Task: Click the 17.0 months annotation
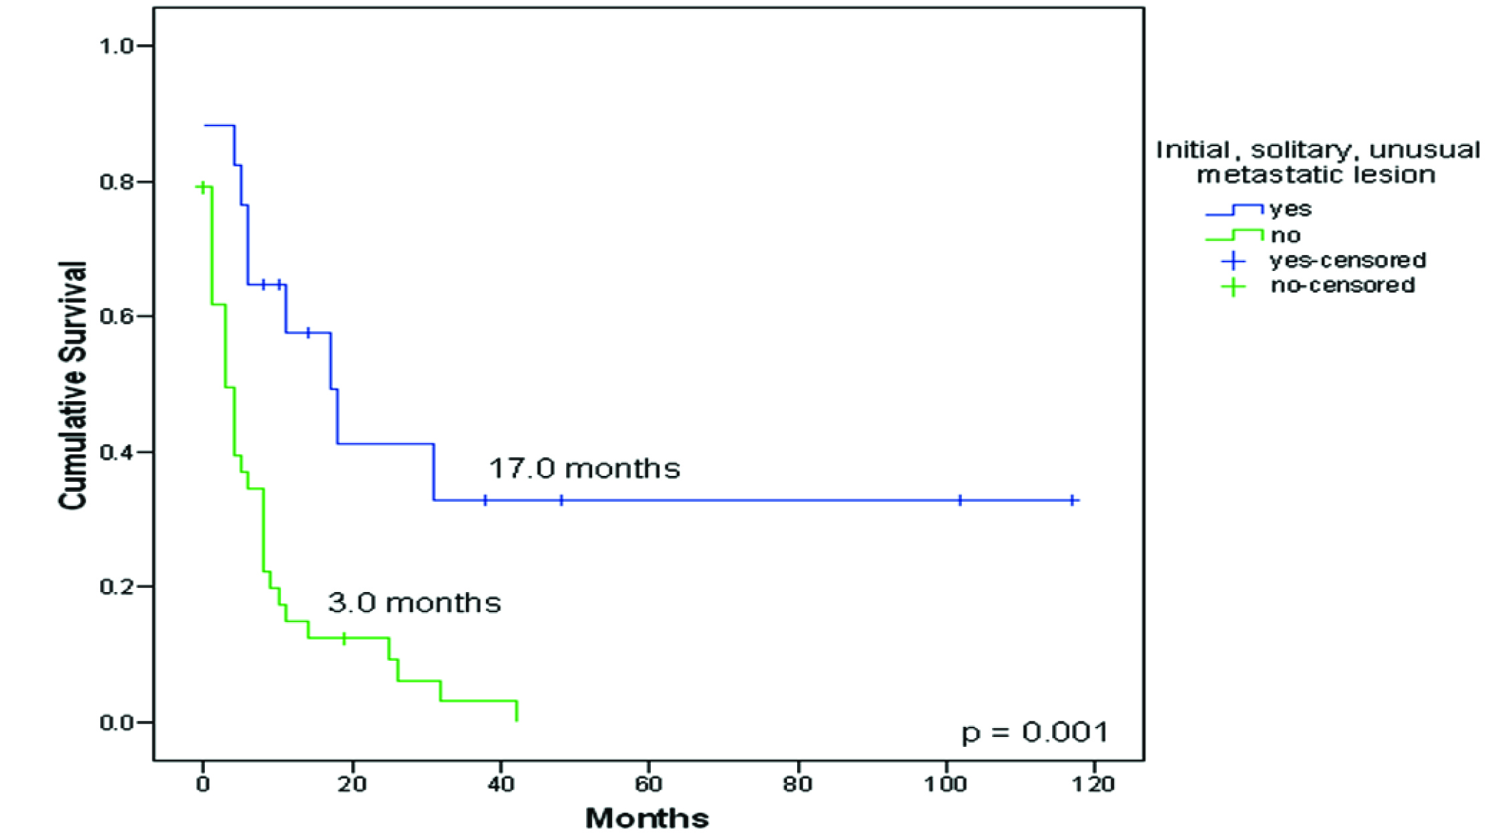pyautogui.click(x=584, y=469)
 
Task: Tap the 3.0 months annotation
pyautogui.click(x=414, y=603)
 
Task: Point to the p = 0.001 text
pyautogui.click(x=1034, y=732)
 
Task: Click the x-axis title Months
pyautogui.click(x=647, y=818)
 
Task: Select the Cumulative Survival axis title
pyautogui.click(x=73, y=386)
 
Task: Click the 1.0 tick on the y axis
pyautogui.click(x=117, y=46)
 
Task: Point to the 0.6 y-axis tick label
pyautogui.click(x=117, y=316)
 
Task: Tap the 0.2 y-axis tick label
pyautogui.click(x=117, y=587)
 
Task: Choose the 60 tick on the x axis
pyautogui.click(x=648, y=784)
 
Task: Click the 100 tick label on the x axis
pyautogui.click(x=945, y=784)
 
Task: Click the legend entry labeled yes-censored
pyautogui.click(x=1347, y=260)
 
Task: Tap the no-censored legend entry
pyautogui.click(x=1342, y=285)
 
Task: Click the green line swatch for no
pyautogui.click(x=1234, y=235)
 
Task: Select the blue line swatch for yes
pyautogui.click(x=1234, y=210)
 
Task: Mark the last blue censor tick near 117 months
pyautogui.click(x=1072, y=500)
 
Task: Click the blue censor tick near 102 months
pyautogui.click(x=960, y=500)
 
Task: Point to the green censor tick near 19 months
pyautogui.click(x=344, y=638)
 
